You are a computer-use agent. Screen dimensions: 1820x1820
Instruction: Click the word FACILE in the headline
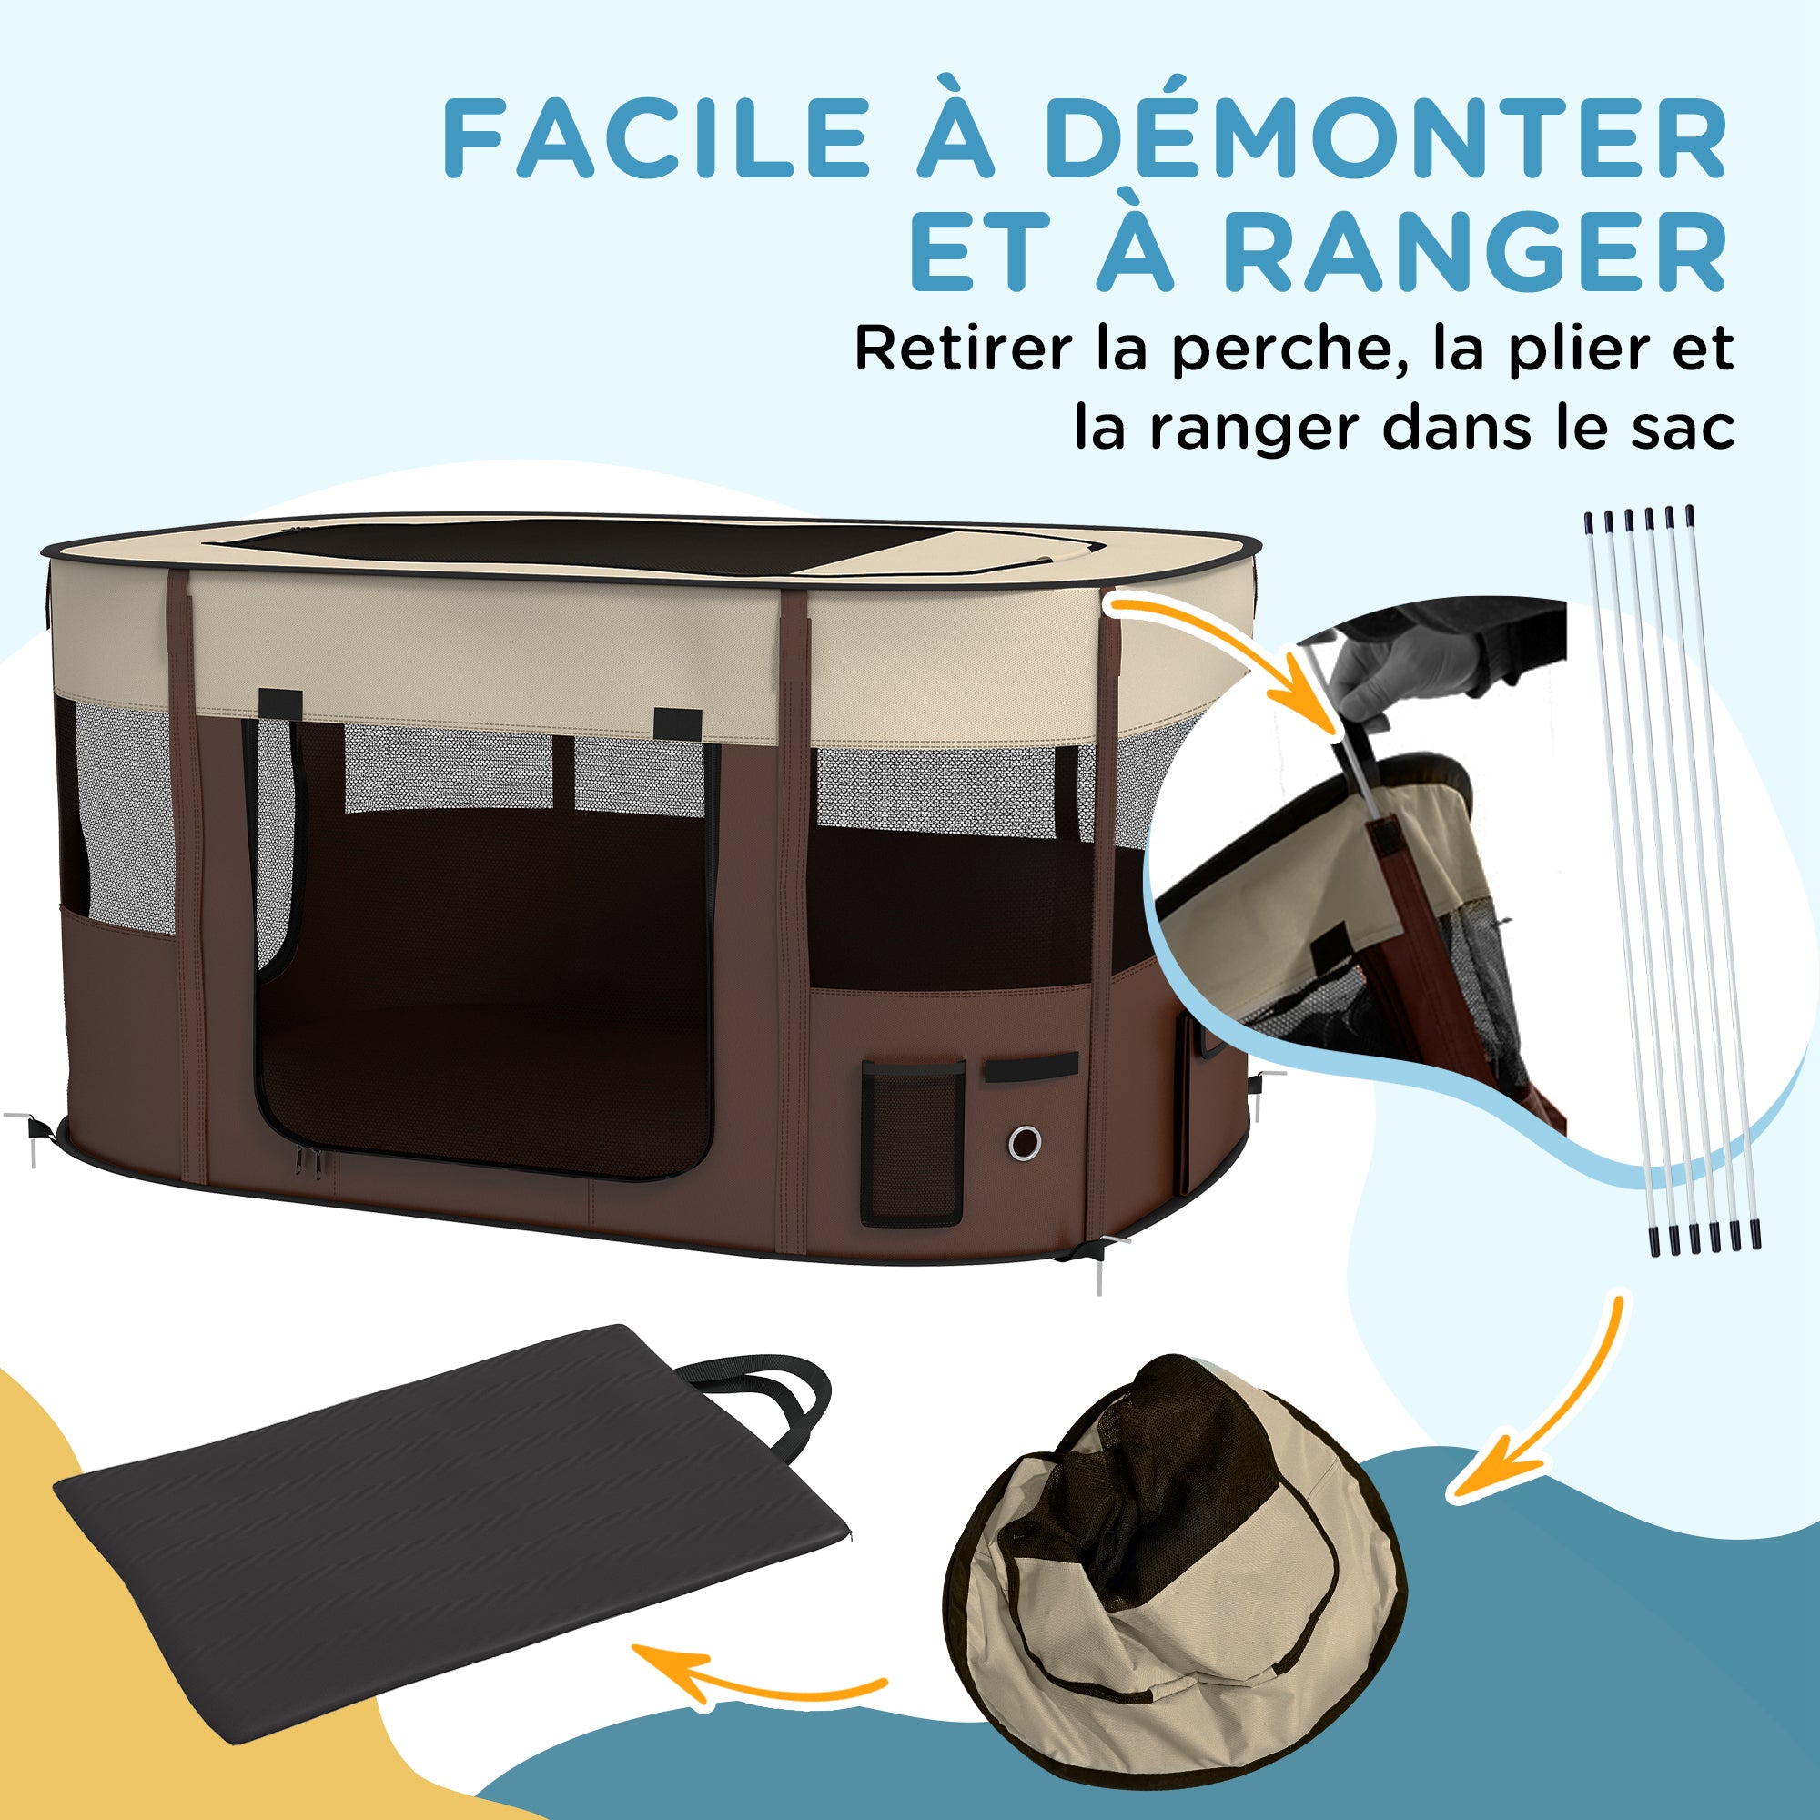point(657,137)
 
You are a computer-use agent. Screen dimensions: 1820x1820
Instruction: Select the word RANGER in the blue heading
point(1475,252)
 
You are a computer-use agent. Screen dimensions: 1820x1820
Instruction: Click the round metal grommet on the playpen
point(1024,1143)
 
